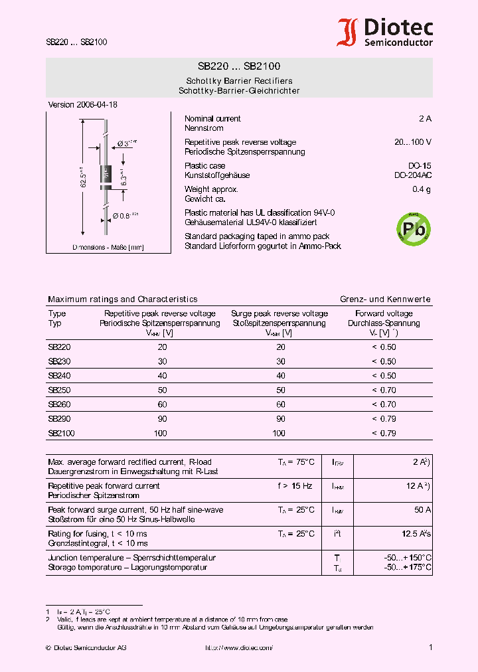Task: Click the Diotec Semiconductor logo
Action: click(x=385, y=32)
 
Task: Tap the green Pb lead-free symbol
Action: click(x=413, y=229)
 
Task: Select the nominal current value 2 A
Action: click(x=425, y=119)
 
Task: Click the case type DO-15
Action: click(x=419, y=166)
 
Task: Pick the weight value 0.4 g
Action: click(x=421, y=190)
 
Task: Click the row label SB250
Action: click(x=59, y=390)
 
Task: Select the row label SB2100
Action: click(x=61, y=434)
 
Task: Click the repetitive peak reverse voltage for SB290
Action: click(x=162, y=419)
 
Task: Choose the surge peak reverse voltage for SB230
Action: click(x=280, y=362)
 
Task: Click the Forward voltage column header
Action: click(x=384, y=313)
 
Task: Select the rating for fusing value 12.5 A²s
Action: click(x=416, y=534)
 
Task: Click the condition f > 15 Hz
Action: click(x=295, y=486)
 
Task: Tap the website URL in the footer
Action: click(x=239, y=647)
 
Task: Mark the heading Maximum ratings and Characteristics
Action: click(x=123, y=299)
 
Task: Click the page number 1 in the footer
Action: click(x=430, y=647)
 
